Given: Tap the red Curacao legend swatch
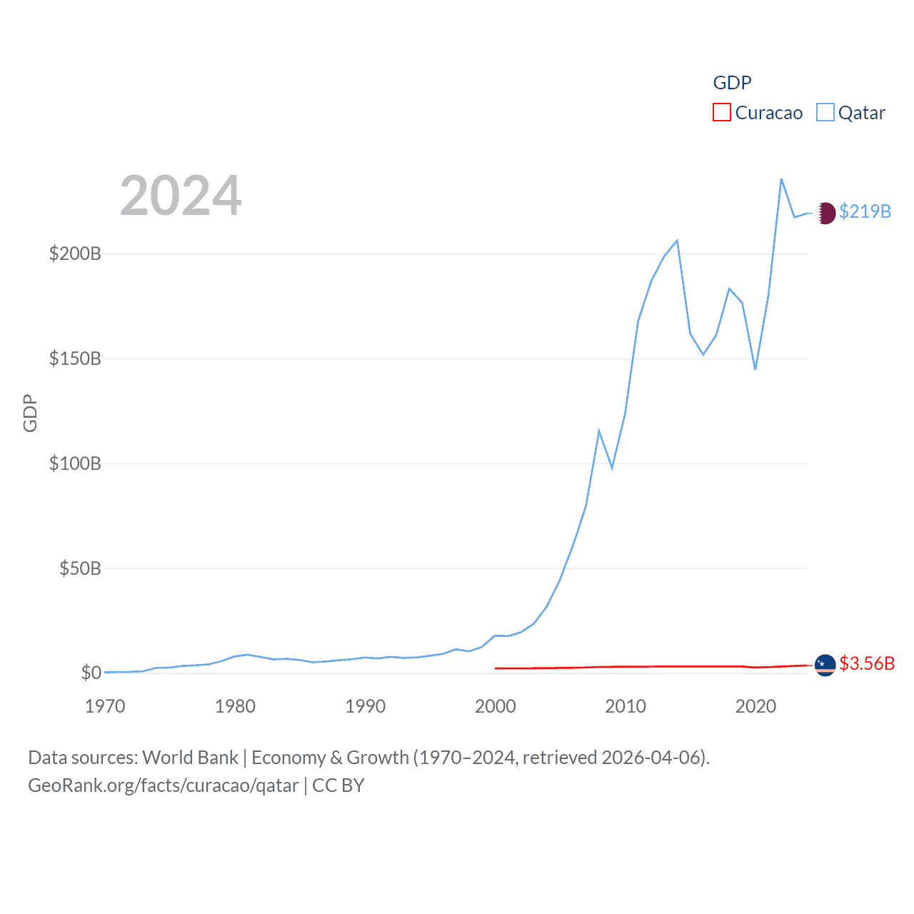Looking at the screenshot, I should [722, 113].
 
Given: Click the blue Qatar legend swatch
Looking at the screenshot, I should [825, 113].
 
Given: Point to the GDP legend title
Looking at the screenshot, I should [732, 83].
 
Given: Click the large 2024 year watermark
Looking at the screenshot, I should [181, 196].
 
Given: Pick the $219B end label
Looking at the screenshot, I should [865, 211].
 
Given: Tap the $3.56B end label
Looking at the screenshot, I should [866, 663].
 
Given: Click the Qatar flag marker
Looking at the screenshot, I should [825, 213].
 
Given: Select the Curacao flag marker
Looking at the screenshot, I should [825, 665].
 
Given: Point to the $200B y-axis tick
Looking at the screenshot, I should [75, 253].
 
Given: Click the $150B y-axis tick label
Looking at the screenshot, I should [75, 358].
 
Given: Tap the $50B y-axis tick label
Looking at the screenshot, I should [80, 568].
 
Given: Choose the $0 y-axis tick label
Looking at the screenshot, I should [91, 673].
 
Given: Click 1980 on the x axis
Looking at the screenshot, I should [235, 706].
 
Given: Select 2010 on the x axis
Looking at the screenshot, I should [626, 706].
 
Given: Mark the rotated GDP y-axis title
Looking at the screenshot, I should [30, 413].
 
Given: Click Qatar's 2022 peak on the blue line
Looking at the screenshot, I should [781, 179].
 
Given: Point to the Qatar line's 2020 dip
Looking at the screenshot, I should [755, 369].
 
